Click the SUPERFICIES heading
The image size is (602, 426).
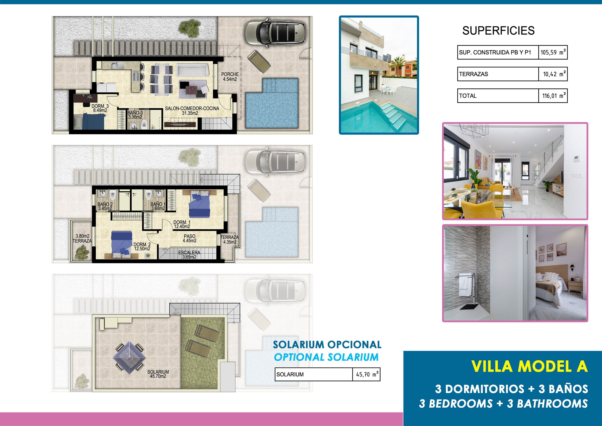498,31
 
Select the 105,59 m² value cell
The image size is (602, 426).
553,52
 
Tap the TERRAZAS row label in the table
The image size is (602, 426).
473,74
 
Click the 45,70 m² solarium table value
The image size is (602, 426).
366,374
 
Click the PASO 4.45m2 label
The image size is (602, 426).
190,238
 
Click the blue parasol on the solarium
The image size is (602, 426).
129,357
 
